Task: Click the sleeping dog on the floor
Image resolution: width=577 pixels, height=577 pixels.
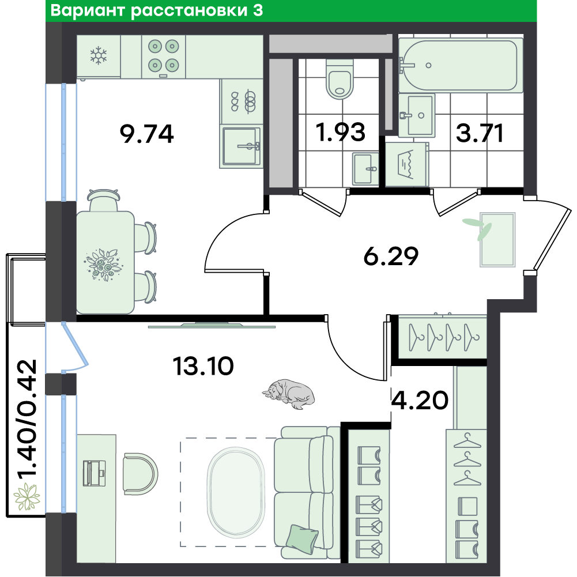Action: (x=290, y=393)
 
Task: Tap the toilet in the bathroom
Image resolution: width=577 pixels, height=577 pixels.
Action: (x=339, y=79)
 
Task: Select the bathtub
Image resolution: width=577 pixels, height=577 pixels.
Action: (x=460, y=65)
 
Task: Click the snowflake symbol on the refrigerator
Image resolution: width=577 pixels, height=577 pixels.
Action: (x=99, y=56)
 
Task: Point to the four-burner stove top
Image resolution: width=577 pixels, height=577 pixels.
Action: (x=163, y=55)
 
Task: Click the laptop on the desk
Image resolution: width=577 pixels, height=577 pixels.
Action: (x=95, y=473)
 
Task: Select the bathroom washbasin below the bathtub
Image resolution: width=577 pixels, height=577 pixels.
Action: (x=417, y=116)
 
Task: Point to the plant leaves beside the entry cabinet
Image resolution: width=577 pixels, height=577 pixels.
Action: (x=478, y=227)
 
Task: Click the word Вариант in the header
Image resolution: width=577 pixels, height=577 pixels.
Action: (x=88, y=11)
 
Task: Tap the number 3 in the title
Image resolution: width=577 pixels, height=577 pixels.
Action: (x=258, y=11)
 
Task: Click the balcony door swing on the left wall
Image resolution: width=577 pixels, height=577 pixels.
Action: (x=74, y=346)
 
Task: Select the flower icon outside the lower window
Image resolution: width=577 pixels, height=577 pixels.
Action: (x=27, y=496)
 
